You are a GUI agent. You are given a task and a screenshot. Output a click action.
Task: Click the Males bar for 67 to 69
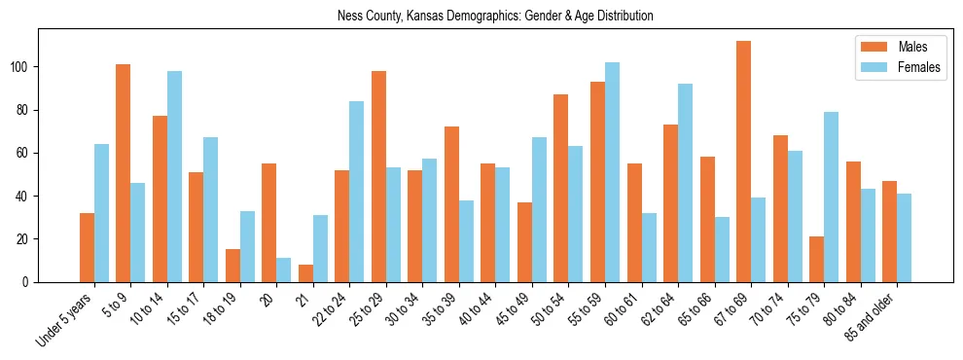(x=743, y=162)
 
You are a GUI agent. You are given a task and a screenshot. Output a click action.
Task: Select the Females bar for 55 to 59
(x=612, y=172)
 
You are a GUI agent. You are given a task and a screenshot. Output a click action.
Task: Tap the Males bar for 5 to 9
(x=123, y=173)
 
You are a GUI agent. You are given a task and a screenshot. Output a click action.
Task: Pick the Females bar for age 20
(x=284, y=270)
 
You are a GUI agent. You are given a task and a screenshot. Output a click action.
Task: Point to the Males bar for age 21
(x=305, y=272)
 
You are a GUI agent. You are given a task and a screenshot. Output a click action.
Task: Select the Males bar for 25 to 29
(x=378, y=176)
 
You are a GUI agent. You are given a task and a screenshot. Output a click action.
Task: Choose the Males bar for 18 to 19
(x=232, y=266)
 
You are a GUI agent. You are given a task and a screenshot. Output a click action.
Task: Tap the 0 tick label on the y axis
(x=29, y=282)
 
